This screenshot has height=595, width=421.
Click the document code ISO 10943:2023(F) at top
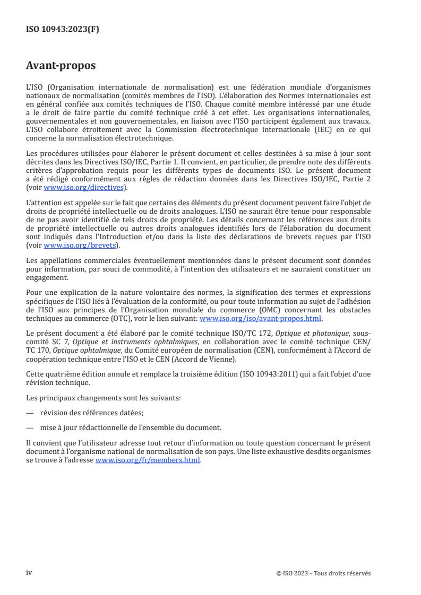(63, 30)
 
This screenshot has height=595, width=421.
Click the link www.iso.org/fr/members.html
(148, 460)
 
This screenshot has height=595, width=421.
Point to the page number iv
(29, 572)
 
